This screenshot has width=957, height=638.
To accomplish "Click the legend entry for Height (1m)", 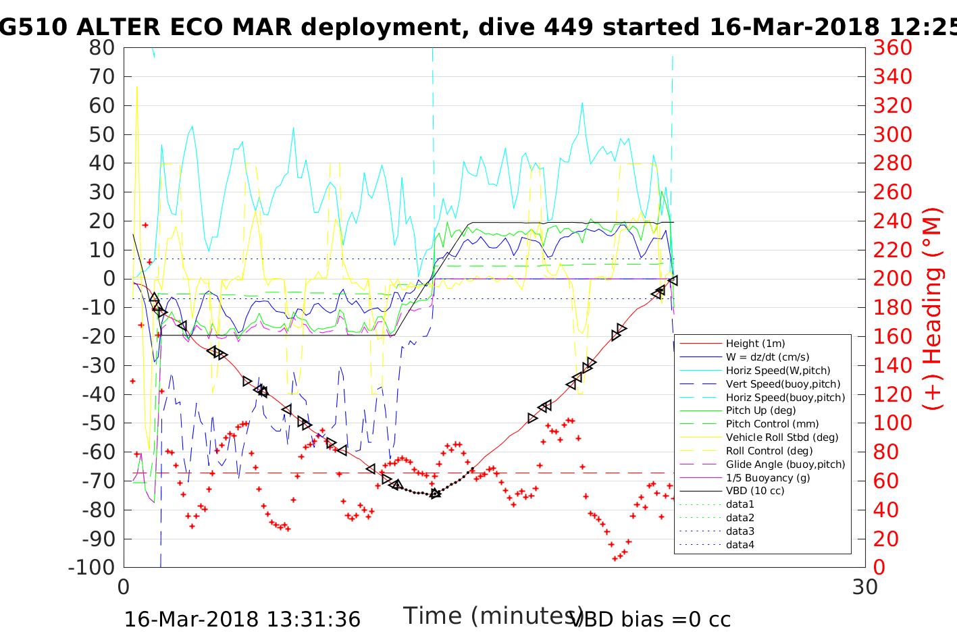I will tap(755, 344).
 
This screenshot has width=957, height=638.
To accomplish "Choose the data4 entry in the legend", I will tap(740, 545).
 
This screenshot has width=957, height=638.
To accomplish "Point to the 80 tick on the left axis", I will tap(102, 48).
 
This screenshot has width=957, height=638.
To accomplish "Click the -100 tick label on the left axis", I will tap(92, 567).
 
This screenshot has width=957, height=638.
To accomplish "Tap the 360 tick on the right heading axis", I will tap(892, 48).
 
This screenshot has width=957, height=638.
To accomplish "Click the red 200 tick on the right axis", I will tap(892, 279).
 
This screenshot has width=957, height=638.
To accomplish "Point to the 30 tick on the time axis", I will tap(865, 587).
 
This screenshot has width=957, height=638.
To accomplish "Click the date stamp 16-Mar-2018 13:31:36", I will tap(242, 620).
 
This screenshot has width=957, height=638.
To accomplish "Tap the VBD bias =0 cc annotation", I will tap(650, 620).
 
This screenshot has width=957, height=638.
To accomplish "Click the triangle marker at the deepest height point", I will tap(436, 494).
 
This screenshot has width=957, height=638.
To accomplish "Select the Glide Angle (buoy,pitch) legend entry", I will tap(785, 464).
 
